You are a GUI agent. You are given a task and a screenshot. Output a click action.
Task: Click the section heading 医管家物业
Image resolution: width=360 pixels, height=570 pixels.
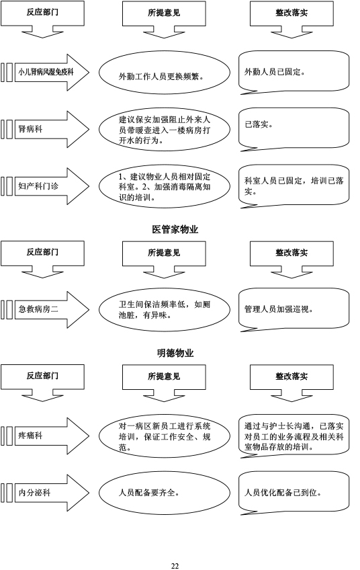tap(175, 229)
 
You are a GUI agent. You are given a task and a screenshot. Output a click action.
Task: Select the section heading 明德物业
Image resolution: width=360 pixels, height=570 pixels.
tap(175, 353)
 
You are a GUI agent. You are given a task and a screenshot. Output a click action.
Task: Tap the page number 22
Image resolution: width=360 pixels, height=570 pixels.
tap(175, 566)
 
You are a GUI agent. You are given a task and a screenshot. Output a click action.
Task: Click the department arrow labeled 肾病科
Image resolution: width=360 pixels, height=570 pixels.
tap(52, 129)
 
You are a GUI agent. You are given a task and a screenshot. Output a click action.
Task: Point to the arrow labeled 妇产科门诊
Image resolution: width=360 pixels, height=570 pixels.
tap(52, 186)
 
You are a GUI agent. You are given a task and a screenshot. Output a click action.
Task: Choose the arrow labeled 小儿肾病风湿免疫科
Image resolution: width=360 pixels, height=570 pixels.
tap(52, 73)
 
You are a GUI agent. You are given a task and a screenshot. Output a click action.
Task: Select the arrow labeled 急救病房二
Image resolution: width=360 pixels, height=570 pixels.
tap(52, 309)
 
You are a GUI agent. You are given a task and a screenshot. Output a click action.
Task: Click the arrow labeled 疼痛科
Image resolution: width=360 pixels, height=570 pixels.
tap(52, 436)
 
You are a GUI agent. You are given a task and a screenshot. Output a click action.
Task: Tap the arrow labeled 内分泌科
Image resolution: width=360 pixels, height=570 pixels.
tap(52, 493)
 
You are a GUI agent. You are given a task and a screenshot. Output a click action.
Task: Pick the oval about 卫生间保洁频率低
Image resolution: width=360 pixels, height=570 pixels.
tap(165, 310)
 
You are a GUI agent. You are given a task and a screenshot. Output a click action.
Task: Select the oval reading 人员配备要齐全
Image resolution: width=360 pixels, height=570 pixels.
tap(165, 493)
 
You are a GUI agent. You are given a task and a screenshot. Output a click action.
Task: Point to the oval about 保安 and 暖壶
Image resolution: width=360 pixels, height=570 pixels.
tap(165, 130)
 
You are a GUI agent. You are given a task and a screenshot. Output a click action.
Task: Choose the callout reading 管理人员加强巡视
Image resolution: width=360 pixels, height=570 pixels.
tap(294, 309)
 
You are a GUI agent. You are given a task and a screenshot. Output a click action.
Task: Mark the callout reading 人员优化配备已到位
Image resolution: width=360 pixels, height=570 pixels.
tap(294, 492)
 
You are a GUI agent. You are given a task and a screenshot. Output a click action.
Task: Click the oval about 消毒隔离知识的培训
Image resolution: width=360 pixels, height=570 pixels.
tap(165, 187)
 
